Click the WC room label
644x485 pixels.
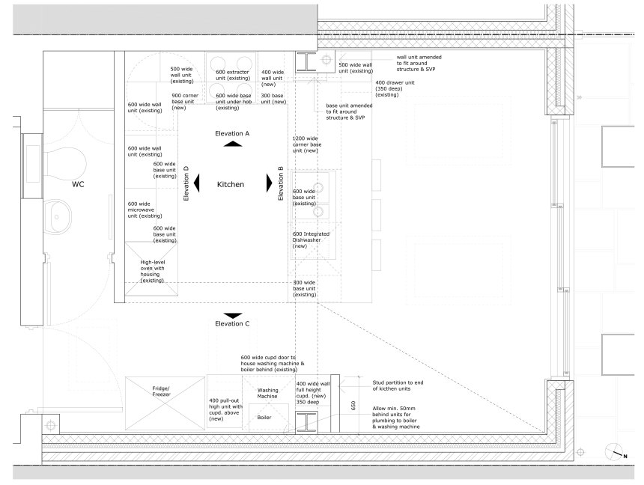click(x=78, y=184)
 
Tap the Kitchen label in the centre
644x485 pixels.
click(x=231, y=184)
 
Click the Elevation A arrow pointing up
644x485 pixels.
click(x=233, y=144)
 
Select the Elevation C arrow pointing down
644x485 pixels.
click(x=233, y=316)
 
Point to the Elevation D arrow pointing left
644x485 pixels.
click(x=197, y=183)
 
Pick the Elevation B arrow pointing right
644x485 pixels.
click(x=270, y=183)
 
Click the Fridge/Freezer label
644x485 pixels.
click(x=161, y=391)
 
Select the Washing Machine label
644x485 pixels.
click(x=268, y=394)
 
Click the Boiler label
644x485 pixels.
click(x=264, y=417)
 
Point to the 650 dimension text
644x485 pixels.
click(x=353, y=406)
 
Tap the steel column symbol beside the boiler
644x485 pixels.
click(x=306, y=423)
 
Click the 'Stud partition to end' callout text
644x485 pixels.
click(x=398, y=385)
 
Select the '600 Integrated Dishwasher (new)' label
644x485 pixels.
click(x=311, y=240)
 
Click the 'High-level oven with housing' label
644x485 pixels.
click(x=152, y=271)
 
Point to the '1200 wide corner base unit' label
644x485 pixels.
click(x=307, y=144)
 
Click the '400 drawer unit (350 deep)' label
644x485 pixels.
click(x=395, y=89)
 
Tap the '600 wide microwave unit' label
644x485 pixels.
click(x=145, y=210)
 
